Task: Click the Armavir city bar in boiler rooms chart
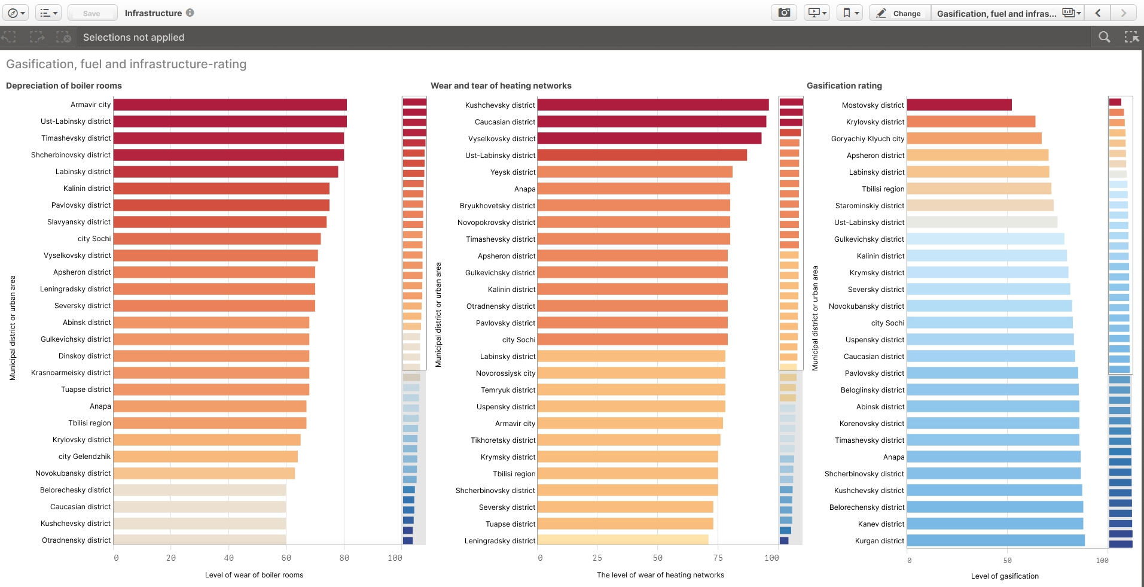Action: click(230, 105)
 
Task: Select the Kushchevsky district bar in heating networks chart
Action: click(652, 105)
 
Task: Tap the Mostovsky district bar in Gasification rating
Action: click(959, 105)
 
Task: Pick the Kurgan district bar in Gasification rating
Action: click(995, 540)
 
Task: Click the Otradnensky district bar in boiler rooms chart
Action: click(199, 540)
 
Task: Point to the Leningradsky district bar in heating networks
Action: click(622, 540)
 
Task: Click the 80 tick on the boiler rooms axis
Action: click(344, 558)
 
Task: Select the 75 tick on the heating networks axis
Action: click(718, 558)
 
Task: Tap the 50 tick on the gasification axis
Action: click(1007, 561)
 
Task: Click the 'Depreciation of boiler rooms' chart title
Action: click(64, 86)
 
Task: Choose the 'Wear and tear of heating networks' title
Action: click(501, 86)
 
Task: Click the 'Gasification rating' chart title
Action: click(844, 86)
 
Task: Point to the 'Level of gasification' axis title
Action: click(1005, 576)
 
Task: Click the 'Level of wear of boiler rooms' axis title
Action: click(254, 575)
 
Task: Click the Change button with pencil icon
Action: click(899, 13)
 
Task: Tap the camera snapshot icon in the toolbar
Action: click(784, 13)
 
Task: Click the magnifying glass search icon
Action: click(1104, 37)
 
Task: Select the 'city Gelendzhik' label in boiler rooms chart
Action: click(84, 457)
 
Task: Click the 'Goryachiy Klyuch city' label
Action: click(867, 139)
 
